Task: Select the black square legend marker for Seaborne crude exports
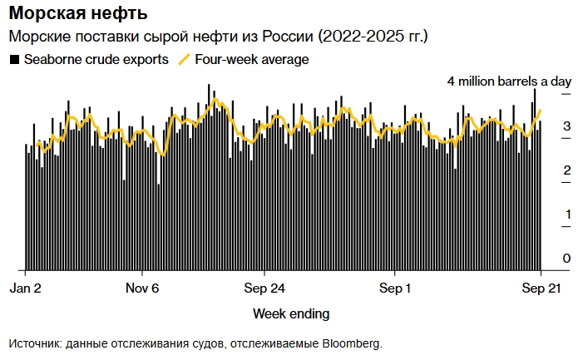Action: click(x=14, y=60)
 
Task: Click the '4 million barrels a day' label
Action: click(x=509, y=81)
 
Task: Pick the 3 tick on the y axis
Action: click(x=566, y=126)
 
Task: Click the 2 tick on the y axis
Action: click(x=566, y=170)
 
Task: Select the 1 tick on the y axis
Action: click(x=566, y=215)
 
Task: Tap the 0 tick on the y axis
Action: click(x=566, y=259)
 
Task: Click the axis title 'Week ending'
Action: click(x=290, y=313)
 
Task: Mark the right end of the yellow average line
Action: click(x=541, y=110)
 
